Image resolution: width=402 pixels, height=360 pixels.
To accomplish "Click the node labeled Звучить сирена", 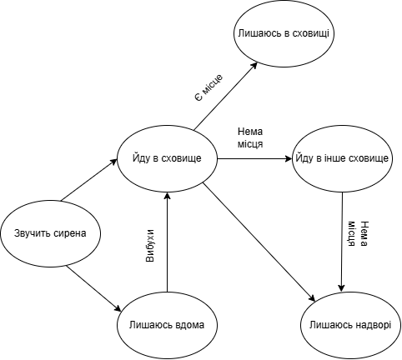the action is [x=50, y=233].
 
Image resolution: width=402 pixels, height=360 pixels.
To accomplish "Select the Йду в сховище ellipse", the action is [x=167, y=158].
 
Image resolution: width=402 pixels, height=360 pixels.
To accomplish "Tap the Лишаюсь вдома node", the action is [x=167, y=325].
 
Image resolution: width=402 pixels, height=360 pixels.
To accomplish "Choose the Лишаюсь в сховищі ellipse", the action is [x=284, y=33].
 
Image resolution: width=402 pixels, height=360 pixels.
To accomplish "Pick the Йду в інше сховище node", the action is [x=342, y=158].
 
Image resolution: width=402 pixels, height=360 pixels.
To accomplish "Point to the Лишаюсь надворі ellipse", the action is [x=350, y=325].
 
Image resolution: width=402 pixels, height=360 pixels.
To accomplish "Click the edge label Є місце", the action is [x=209, y=87].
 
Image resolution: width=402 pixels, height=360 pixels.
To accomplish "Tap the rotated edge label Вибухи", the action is [x=150, y=246].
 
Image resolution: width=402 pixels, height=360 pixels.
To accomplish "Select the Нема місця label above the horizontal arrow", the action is [x=250, y=137].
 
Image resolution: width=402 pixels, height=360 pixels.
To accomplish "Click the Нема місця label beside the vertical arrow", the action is [x=358, y=234].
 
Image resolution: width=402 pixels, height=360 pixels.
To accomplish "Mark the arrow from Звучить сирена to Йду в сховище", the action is [x=89, y=180].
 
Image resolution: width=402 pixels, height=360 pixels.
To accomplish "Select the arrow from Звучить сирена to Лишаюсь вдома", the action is [x=94, y=288].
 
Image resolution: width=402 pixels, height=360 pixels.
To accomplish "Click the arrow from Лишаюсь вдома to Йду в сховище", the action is [x=167, y=242].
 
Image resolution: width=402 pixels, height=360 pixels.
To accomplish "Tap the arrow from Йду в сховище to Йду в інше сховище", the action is [x=254, y=159].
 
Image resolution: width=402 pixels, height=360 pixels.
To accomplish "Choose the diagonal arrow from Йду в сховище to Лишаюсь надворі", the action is [x=259, y=242].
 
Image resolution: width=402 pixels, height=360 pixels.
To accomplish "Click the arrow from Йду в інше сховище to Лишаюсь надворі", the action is [x=342, y=242].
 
